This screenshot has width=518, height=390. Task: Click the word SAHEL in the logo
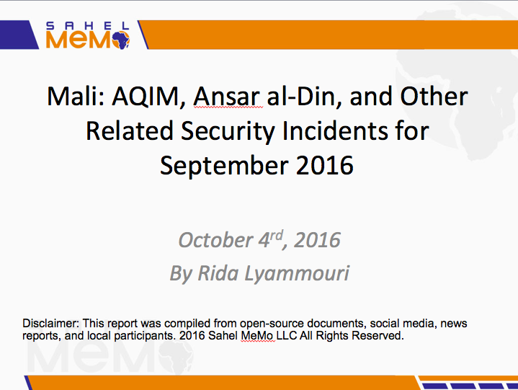click(x=88, y=26)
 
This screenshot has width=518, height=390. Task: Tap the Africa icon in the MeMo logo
click(x=120, y=40)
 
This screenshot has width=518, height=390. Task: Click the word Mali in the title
click(x=76, y=97)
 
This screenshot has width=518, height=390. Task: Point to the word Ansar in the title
click(x=228, y=97)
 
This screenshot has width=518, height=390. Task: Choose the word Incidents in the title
click(x=335, y=131)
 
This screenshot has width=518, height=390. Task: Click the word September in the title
click(x=224, y=167)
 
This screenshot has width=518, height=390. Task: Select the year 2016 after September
click(x=325, y=166)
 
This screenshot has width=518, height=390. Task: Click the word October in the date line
click(x=215, y=240)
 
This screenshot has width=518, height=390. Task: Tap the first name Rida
click(x=218, y=273)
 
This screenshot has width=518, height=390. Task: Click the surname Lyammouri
click(x=297, y=275)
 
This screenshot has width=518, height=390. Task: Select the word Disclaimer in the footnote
click(x=51, y=323)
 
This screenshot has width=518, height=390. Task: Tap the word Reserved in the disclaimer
click(x=378, y=335)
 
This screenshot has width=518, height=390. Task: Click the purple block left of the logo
click(x=19, y=35)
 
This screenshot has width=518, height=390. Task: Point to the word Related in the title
click(x=130, y=131)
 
